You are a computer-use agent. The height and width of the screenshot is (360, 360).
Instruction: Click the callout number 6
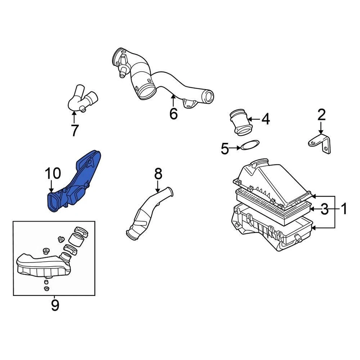click(x=173, y=113)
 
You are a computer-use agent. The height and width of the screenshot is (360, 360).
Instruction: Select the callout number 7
click(x=75, y=130)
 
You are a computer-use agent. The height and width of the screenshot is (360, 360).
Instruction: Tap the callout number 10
click(x=53, y=174)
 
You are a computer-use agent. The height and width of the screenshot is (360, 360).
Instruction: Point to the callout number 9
click(x=55, y=305)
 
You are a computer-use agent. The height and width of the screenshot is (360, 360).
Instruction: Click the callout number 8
click(x=158, y=174)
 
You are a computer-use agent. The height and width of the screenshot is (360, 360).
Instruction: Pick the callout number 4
click(x=265, y=119)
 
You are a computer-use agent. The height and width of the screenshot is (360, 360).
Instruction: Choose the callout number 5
click(x=225, y=149)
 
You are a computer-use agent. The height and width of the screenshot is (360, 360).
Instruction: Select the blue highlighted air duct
click(x=77, y=182)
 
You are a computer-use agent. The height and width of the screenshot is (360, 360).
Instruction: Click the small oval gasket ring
click(x=249, y=145)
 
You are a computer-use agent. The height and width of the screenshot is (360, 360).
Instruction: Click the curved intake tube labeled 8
click(x=148, y=214)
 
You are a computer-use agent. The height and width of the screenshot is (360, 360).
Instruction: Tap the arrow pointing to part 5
click(x=236, y=148)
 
